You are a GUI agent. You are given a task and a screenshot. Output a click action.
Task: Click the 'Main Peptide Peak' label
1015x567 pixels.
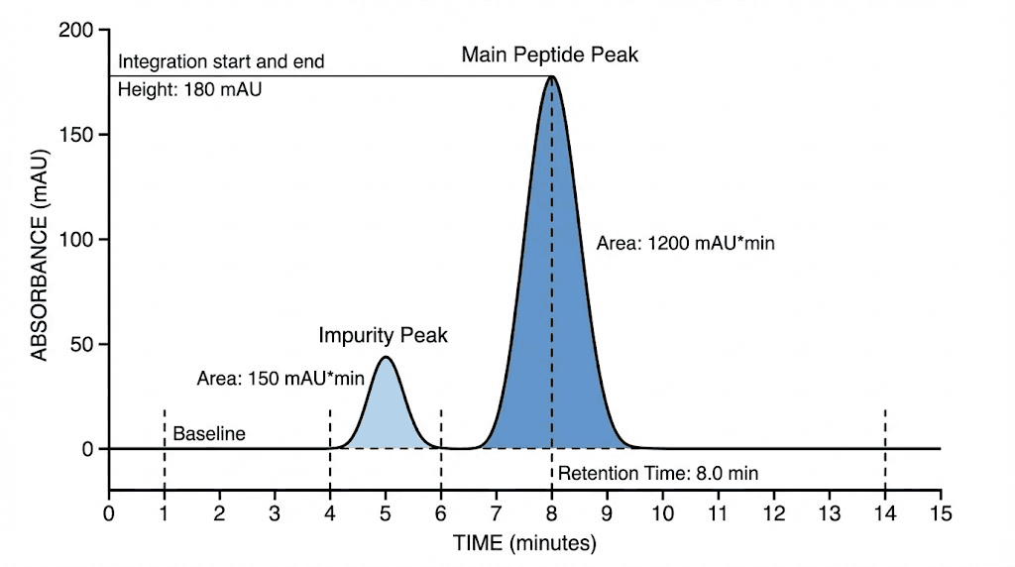[x=549, y=55]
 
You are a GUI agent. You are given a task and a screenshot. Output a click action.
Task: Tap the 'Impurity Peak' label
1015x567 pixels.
[x=383, y=335]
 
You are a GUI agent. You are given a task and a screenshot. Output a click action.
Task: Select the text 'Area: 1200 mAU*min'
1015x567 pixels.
[x=685, y=242]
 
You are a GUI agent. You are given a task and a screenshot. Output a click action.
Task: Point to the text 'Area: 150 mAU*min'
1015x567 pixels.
[x=282, y=378]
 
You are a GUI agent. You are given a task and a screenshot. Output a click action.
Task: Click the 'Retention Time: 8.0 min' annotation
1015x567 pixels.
[x=657, y=473]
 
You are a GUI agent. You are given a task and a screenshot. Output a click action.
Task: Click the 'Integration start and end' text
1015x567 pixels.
[x=220, y=62]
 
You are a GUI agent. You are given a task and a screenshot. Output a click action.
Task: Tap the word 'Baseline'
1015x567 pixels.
[x=208, y=433]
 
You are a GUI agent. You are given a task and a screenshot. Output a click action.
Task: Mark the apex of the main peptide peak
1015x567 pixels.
[x=552, y=76]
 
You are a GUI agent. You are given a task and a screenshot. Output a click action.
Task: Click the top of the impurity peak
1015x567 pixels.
[x=386, y=357]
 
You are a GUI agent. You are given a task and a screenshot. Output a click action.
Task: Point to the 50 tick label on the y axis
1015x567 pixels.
[x=85, y=344]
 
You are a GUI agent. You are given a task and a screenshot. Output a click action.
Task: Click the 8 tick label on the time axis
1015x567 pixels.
[x=552, y=513]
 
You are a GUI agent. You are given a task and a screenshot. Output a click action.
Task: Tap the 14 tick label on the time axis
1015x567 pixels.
[x=884, y=513]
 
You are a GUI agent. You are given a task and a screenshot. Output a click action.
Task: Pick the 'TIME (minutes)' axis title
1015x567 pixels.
[x=524, y=542]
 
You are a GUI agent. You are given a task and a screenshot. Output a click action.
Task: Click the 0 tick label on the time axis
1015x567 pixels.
[x=109, y=513]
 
